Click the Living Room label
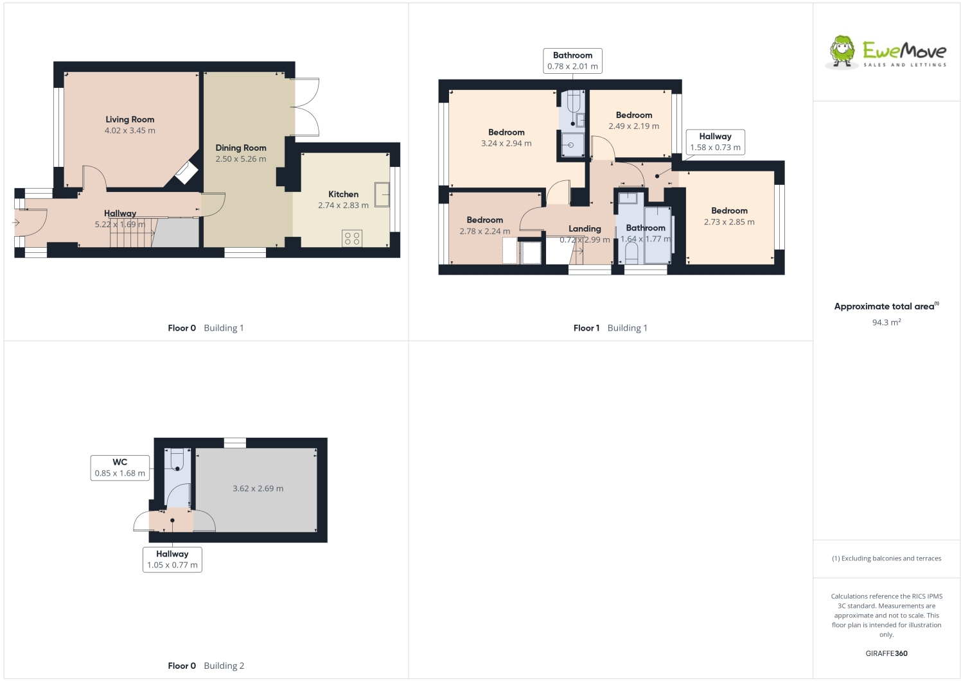(130, 119)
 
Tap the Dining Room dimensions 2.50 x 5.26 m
(241, 159)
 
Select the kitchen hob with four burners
(352, 238)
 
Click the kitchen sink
(382, 194)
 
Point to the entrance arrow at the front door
(16, 223)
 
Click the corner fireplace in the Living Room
(186, 172)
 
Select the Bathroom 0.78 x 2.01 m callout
(572, 61)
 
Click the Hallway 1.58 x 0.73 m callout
(715, 142)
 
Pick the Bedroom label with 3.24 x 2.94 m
(506, 132)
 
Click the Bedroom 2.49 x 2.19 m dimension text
(633, 126)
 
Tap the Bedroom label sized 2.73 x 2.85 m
(729, 211)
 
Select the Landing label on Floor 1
(585, 228)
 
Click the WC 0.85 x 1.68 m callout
(120, 468)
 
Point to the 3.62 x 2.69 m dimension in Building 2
(258, 488)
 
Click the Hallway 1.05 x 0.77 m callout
(172, 559)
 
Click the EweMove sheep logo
(842, 51)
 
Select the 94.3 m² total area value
(886, 322)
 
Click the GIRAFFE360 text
(886, 653)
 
